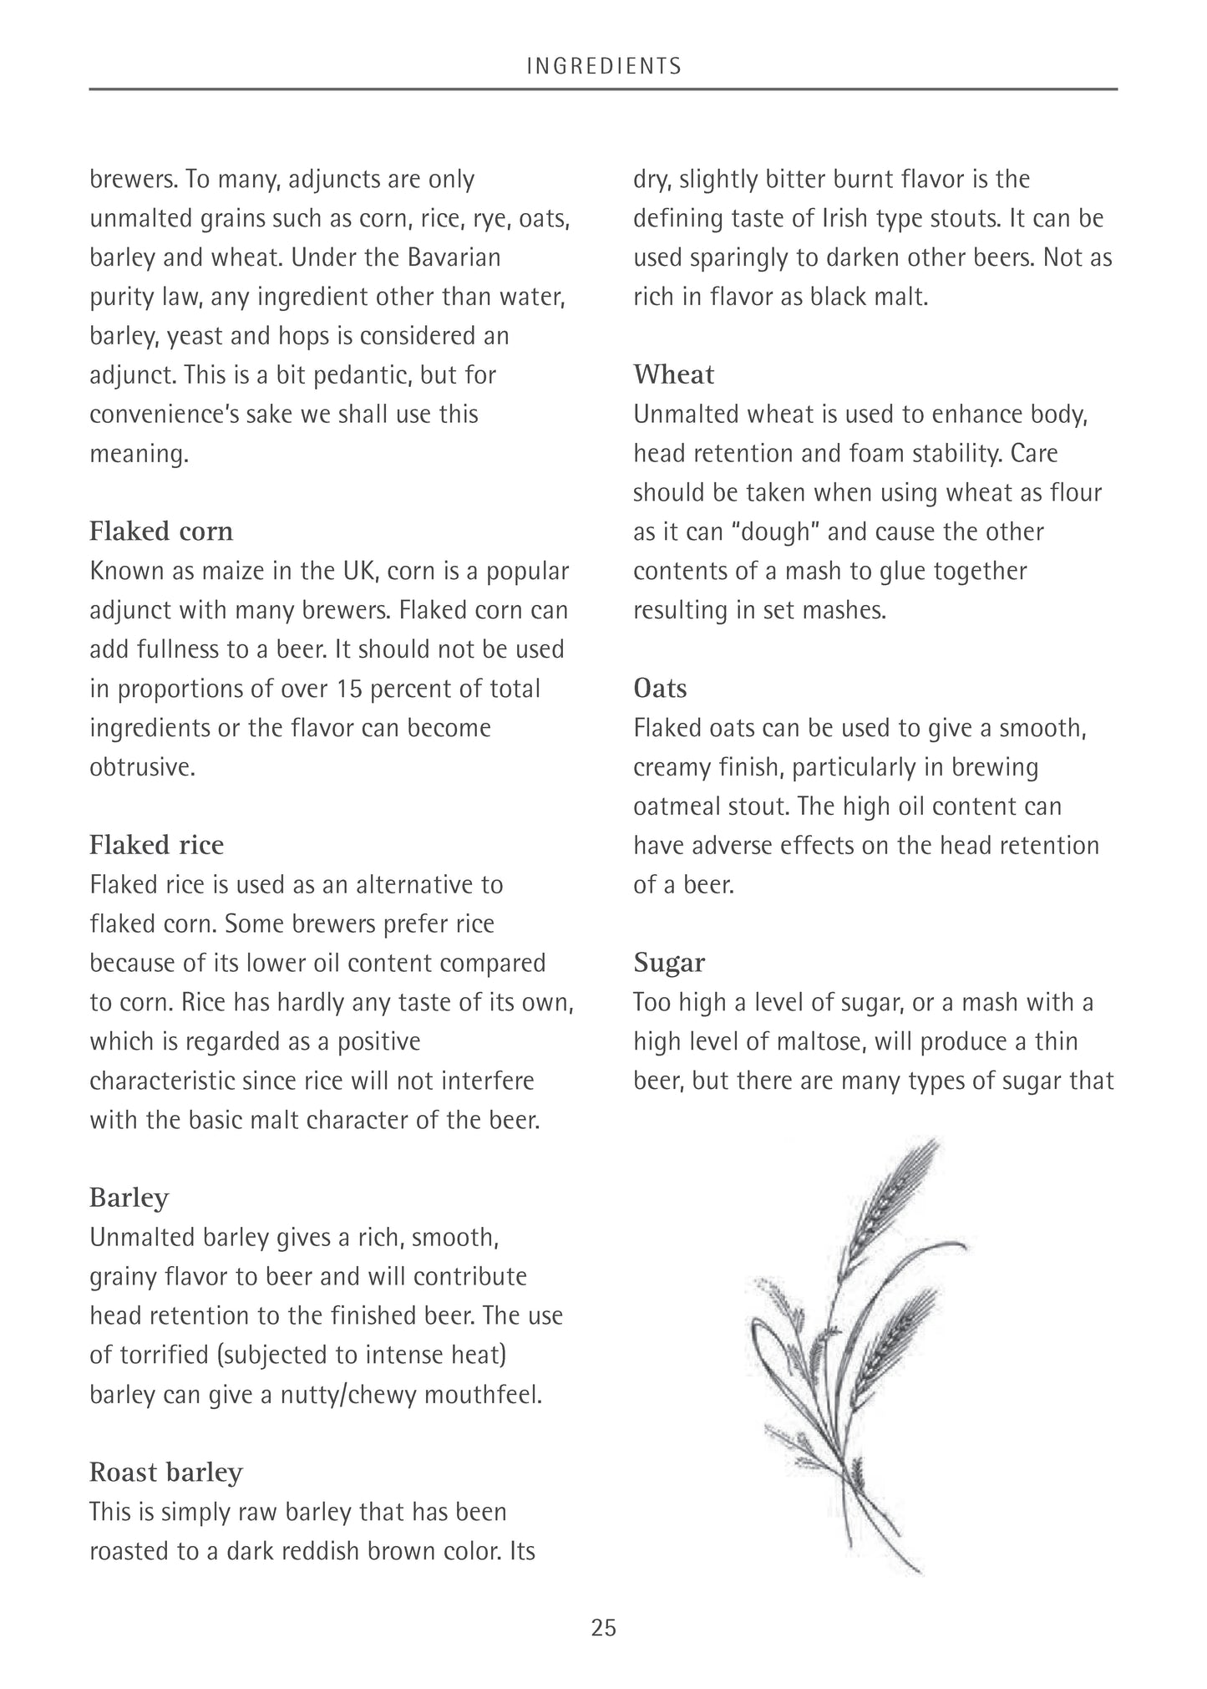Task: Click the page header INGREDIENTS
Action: click(x=604, y=66)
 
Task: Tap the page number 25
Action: click(x=603, y=1627)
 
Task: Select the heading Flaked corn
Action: click(x=161, y=532)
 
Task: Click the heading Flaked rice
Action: click(x=156, y=845)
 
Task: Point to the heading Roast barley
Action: click(x=165, y=1472)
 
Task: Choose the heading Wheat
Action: click(x=673, y=374)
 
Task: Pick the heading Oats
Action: click(x=660, y=689)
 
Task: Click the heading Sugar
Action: click(x=668, y=963)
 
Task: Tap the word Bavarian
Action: click(x=454, y=257)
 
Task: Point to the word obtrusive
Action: click(x=142, y=767)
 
